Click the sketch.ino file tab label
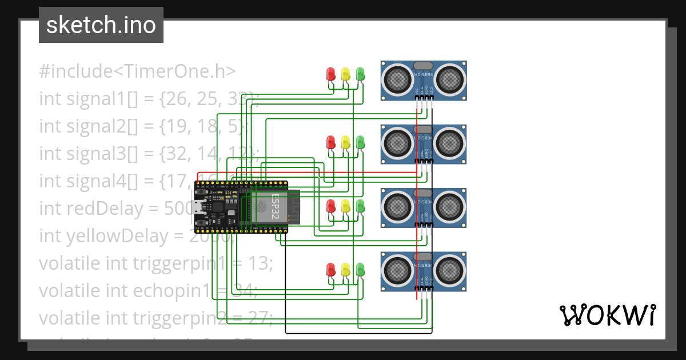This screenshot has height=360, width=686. coord(101,25)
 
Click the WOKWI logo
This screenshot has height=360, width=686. coord(607,315)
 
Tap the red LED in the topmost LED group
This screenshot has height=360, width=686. coord(330,74)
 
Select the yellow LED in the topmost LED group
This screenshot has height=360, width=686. coord(345,74)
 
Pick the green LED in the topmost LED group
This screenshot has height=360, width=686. coord(360,74)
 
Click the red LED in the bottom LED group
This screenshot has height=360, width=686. coord(330,269)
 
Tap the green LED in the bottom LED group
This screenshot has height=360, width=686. coord(360,269)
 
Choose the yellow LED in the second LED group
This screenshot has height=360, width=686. coord(345,142)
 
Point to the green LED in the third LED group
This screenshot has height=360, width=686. coord(360,206)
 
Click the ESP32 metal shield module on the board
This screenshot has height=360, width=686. coord(269,206)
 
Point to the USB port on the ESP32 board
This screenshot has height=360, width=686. coord(197,207)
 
